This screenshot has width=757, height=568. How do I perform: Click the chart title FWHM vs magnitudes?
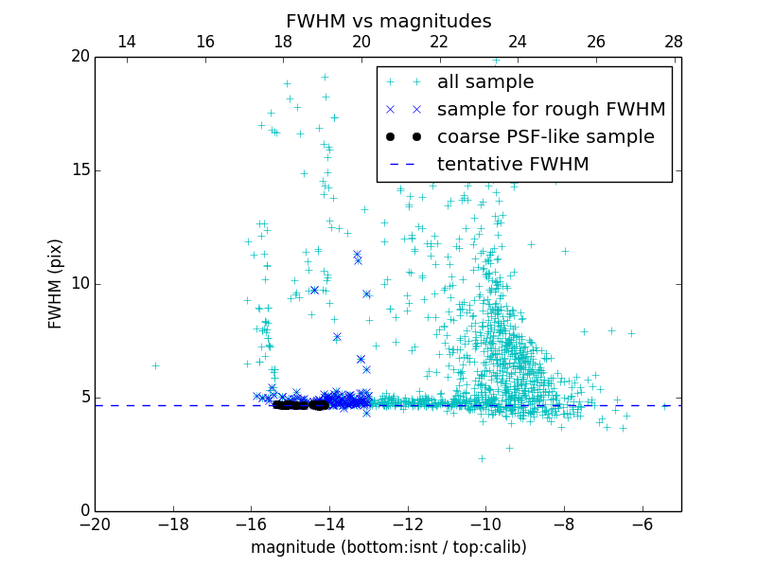(x=388, y=21)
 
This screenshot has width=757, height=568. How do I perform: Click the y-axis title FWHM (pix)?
(x=56, y=284)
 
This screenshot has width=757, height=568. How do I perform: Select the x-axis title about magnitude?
(x=388, y=547)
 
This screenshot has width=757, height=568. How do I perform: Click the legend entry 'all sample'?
(x=484, y=82)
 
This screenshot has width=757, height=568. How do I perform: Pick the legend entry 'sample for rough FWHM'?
(x=551, y=110)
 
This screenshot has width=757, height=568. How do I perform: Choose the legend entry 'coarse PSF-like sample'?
(x=545, y=137)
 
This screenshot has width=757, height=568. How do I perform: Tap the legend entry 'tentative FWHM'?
(x=512, y=165)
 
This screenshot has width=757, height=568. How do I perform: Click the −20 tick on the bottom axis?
(x=95, y=524)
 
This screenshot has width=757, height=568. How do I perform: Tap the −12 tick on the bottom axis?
(x=407, y=524)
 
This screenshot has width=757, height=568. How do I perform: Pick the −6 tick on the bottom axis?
(x=642, y=524)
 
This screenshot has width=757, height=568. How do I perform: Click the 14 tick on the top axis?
(x=126, y=42)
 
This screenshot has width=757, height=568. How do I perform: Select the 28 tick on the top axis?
(x=674, y=42)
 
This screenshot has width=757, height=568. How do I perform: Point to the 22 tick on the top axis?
(x=439, y=42)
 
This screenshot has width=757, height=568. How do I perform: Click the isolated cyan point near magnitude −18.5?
(x=155, y=365)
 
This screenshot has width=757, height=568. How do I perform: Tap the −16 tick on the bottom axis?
(x=251, y=524)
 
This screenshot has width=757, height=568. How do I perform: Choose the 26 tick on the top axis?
(x=596, y=42)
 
